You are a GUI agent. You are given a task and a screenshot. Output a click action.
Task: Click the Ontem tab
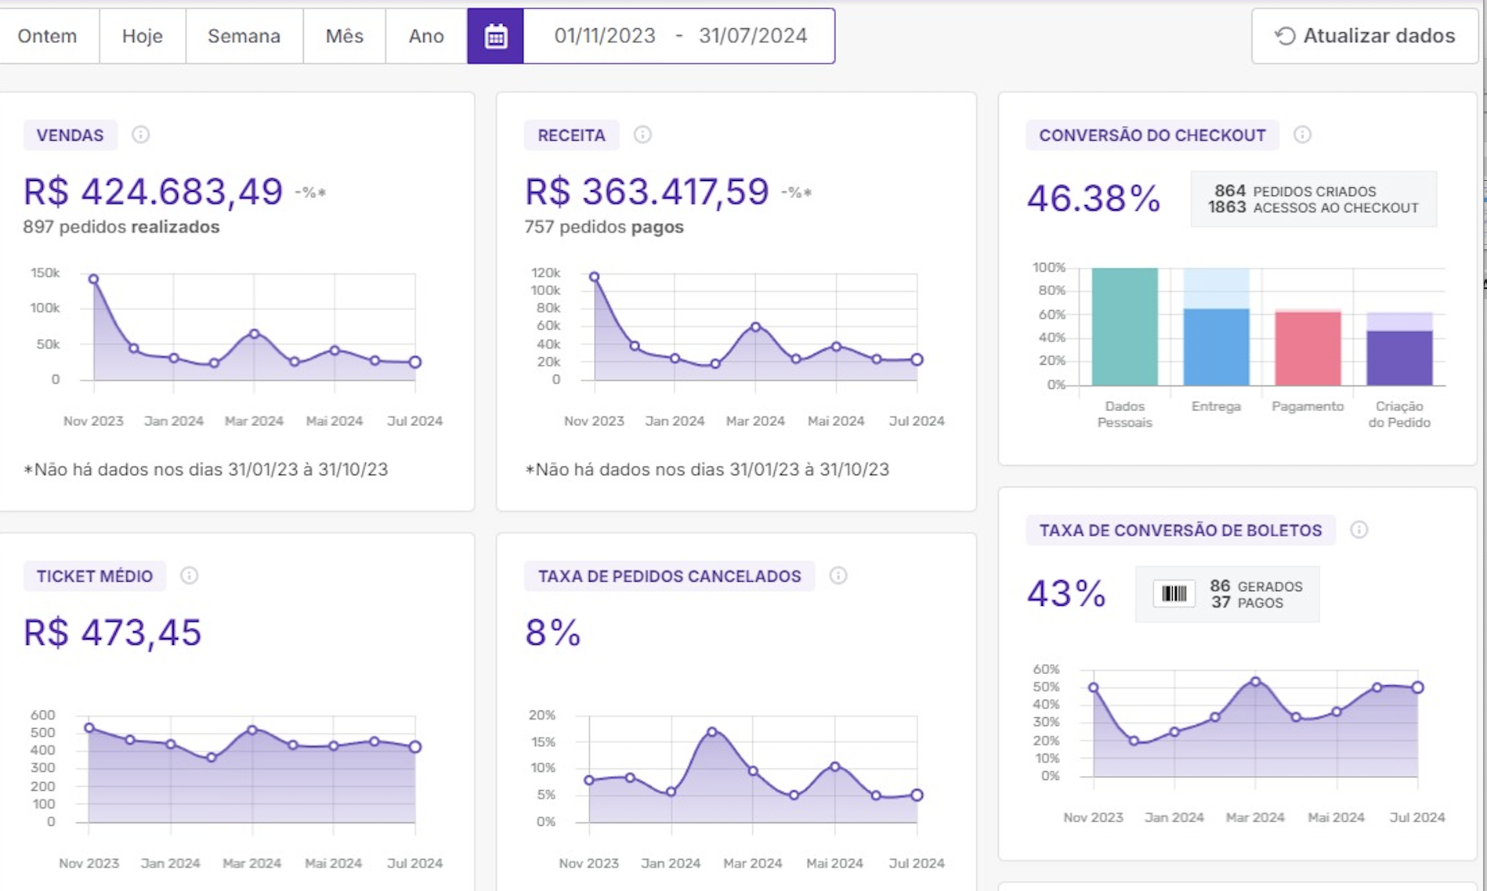[47, 36]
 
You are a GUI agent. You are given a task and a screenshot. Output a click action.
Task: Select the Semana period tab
[244, 36]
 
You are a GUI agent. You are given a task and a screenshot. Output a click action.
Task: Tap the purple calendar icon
[495, 36]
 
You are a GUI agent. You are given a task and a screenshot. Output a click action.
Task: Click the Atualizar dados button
[1365, 36]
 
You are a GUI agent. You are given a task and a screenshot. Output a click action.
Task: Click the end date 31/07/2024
[753, 36]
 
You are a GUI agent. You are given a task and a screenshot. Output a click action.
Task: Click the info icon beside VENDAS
[140, 135]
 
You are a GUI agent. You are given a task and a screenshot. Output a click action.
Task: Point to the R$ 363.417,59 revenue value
[646, 192]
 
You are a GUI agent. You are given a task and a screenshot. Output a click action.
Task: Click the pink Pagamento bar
[1308, 348]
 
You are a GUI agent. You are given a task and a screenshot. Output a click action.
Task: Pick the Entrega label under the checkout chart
[1216, 406]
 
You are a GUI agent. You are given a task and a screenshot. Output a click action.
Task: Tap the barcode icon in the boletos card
[1174, 594]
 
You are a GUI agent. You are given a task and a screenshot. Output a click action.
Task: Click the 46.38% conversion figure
[1093, 198]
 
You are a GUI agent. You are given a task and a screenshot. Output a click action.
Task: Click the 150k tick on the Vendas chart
[45, 273]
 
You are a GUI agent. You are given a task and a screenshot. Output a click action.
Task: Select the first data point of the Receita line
[595, 277]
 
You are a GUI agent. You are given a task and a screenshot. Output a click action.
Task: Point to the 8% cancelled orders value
[552, 633]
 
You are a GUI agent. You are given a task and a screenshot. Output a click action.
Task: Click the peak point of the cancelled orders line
[712, 732]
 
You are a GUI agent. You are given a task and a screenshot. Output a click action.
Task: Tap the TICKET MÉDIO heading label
[95, 576]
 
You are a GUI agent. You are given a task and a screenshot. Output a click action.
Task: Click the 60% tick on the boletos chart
[1046, 669]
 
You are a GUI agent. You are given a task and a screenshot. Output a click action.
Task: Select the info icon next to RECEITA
[642, 135]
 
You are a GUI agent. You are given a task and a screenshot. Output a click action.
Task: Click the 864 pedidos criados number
[1229, 191]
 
